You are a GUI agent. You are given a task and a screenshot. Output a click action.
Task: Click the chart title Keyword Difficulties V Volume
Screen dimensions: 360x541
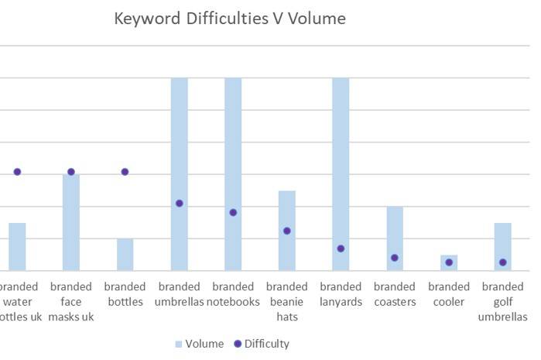230,19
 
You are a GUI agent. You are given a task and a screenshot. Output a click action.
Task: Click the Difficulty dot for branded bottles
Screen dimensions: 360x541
125,172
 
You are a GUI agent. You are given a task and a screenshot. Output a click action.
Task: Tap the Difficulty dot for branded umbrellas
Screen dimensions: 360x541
179,204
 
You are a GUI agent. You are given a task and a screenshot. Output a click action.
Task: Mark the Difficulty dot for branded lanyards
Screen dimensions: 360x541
341,249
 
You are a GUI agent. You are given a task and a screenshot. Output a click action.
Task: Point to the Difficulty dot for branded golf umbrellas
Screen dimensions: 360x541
502,262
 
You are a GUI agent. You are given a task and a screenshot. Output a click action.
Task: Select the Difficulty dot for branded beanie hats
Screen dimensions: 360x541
287,231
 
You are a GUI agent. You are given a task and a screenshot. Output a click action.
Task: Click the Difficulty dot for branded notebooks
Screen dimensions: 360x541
233,212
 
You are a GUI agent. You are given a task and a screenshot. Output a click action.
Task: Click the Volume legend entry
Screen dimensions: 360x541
200,344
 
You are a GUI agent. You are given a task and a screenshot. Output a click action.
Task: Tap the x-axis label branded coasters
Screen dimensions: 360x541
395,294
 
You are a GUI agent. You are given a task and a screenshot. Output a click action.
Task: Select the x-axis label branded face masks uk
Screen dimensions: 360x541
71,301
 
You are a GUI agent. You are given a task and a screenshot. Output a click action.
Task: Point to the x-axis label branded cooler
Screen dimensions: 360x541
449,294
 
